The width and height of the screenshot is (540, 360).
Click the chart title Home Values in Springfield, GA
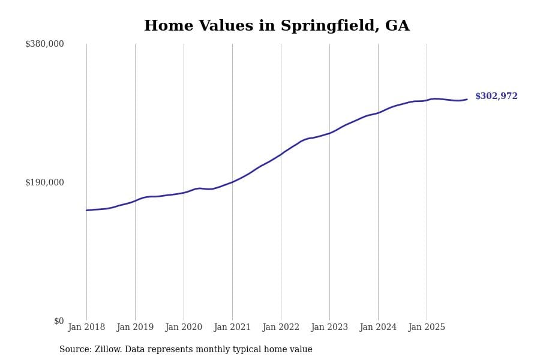pos(277,26)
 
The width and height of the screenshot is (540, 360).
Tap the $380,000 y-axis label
pos(44,44)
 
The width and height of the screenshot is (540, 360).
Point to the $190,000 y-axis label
pos(44,182)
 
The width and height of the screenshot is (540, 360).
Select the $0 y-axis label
pos(59,321)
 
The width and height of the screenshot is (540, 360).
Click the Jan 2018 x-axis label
pos(86,328)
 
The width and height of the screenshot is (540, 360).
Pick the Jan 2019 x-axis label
pos(135,328)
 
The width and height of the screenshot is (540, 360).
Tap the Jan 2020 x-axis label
pos(184,328)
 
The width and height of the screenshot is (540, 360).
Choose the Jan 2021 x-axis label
pos(232,328)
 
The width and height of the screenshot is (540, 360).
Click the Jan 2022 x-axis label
pos(281,328)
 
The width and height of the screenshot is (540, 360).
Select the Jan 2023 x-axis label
pos(329,328)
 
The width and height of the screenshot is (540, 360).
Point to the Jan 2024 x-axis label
pos(378,328)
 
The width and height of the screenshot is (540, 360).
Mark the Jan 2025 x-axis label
pos(427,328)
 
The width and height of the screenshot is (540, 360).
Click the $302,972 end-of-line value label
pos(496,97)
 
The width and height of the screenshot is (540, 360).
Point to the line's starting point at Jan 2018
pos(86,210)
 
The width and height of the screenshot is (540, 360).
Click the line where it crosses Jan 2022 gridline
pos(281,154)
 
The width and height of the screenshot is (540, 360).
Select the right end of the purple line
pos(467,100)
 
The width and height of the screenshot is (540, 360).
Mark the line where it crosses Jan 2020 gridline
pos(184,193)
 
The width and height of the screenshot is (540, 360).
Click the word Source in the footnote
pos(74,350)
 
